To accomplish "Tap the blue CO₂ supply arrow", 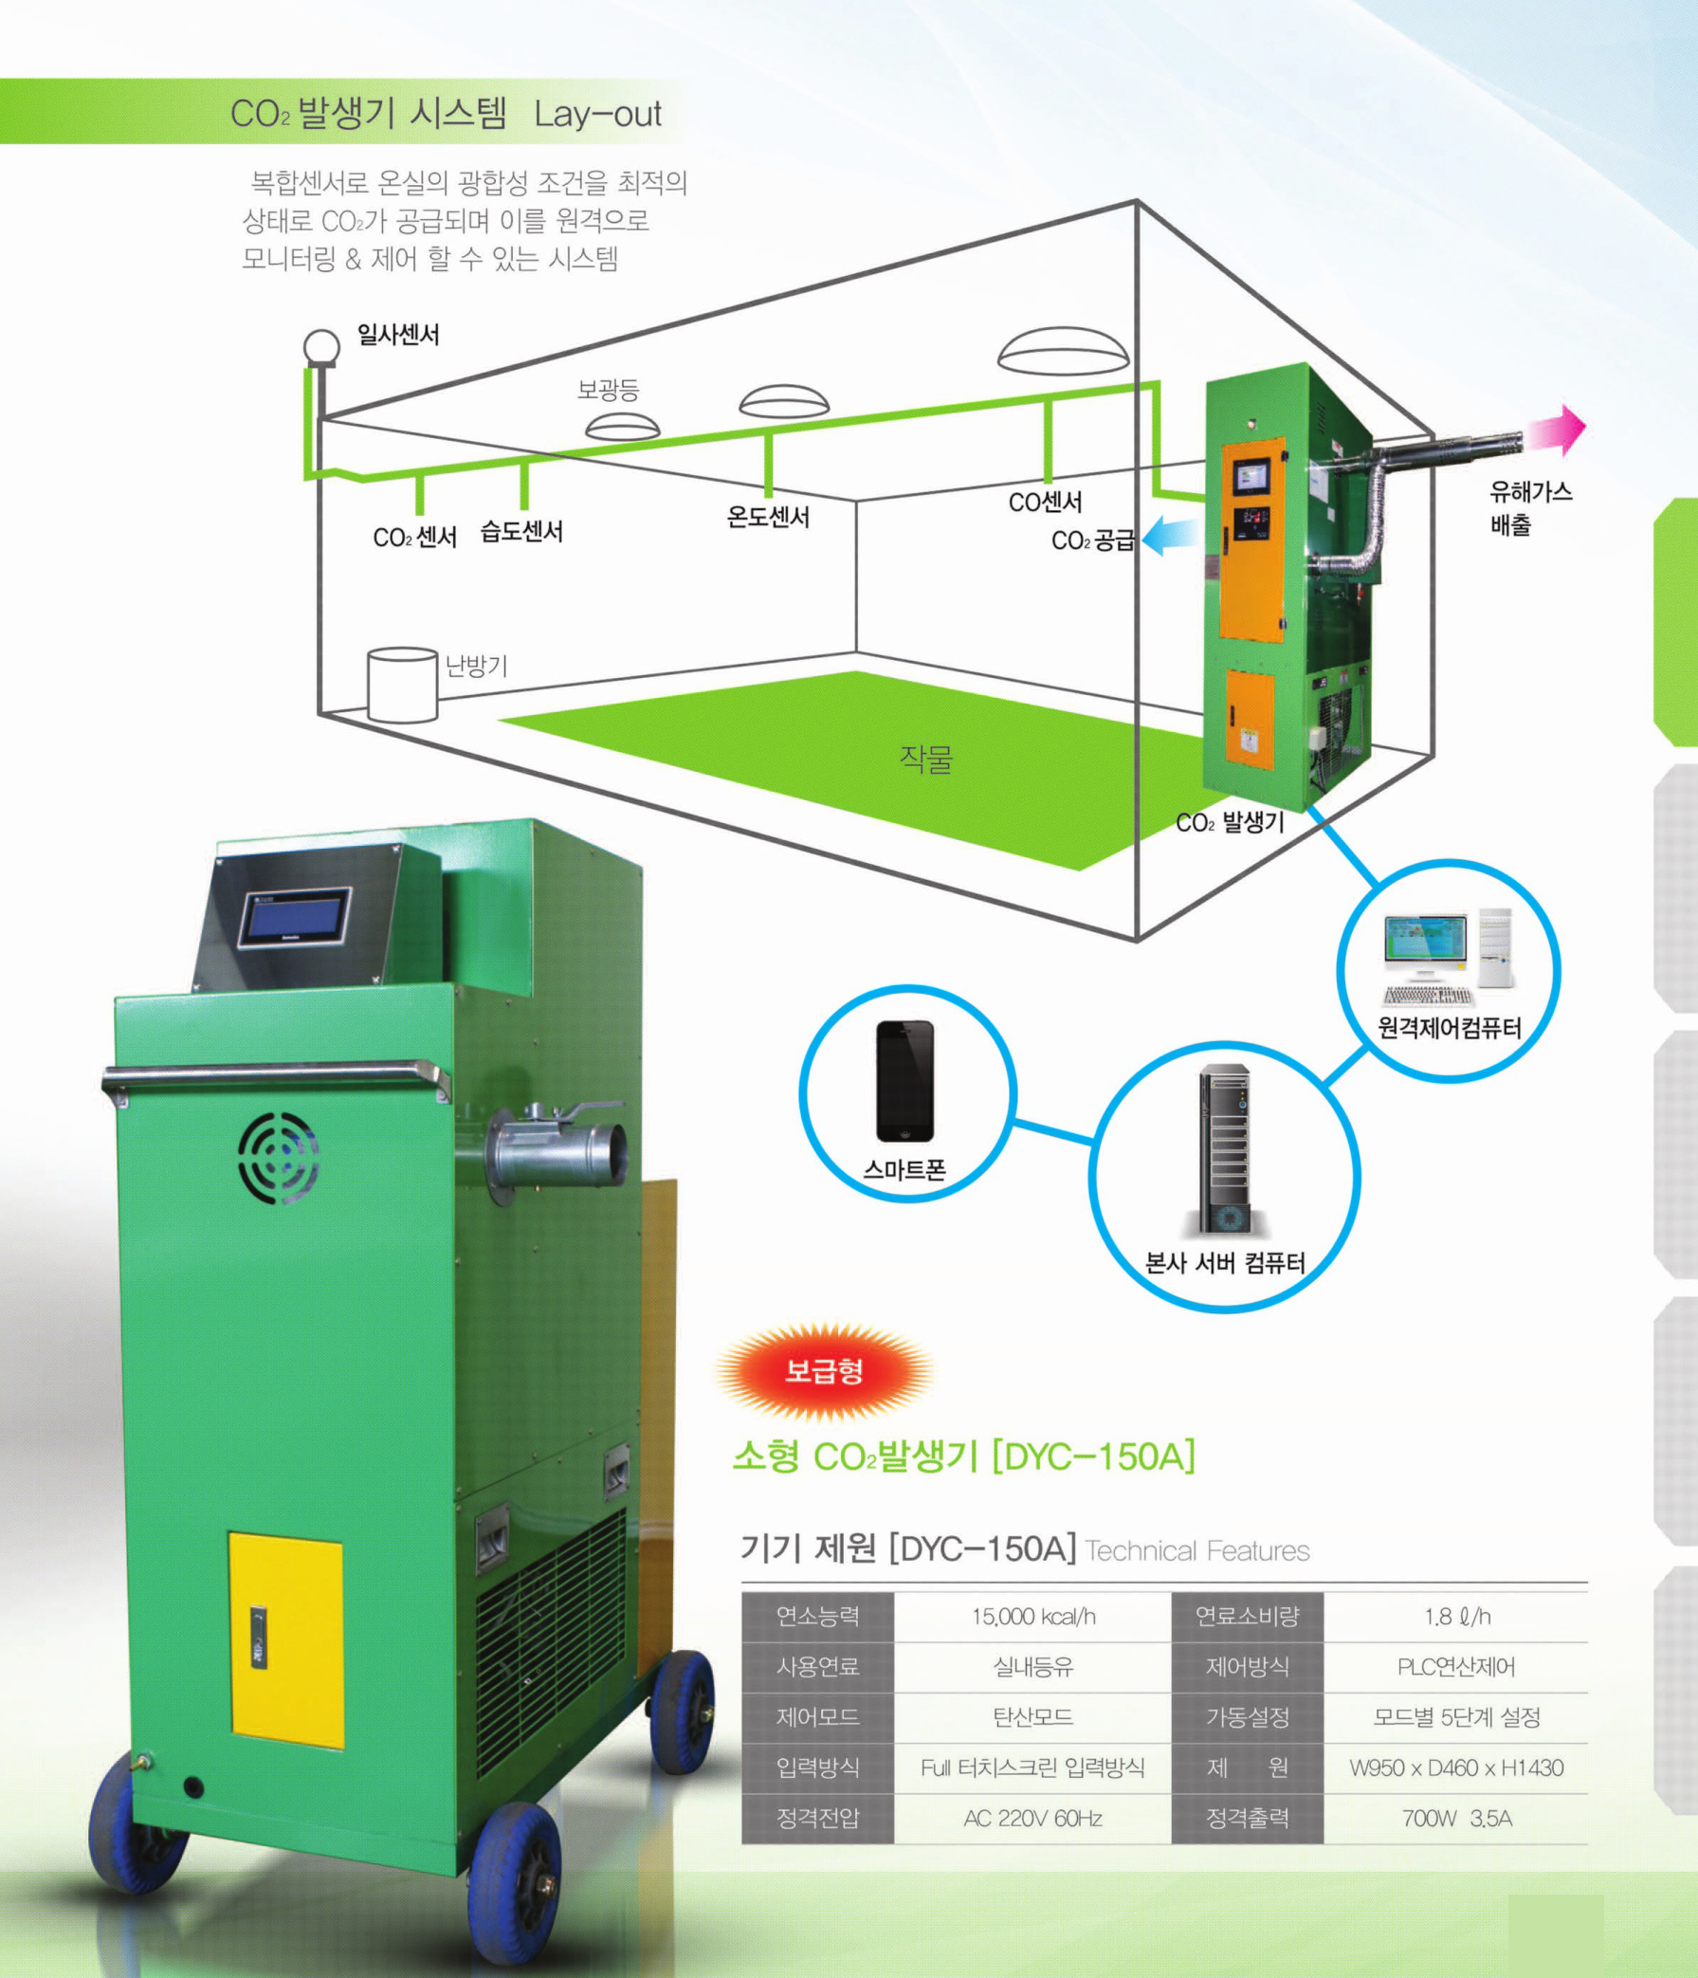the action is tap(1169, 536).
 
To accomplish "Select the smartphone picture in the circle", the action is tap(904, 1081).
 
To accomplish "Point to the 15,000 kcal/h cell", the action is tap(1032, 1616).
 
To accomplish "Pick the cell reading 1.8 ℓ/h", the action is tap(1456, 1616).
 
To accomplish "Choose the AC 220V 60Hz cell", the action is tap(1032, 1819).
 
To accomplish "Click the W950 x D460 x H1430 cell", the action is tap(1456, 1768).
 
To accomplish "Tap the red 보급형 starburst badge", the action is tap(824, 1372).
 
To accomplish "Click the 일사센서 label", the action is tap(398, 335).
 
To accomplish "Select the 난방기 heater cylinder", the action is tap(403, 685).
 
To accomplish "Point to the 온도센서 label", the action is tap(768, 518).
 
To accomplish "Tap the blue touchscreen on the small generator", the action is tap(296, 917).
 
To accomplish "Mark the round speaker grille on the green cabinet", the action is tap(278, 1157).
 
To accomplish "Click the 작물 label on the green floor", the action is tap(926, 758).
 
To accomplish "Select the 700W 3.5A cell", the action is tap(1456, 1819).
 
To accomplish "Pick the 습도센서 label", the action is tap(521, 532).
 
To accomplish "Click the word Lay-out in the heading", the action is tap(597, 115).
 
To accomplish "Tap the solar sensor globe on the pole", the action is tap(321, 347).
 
